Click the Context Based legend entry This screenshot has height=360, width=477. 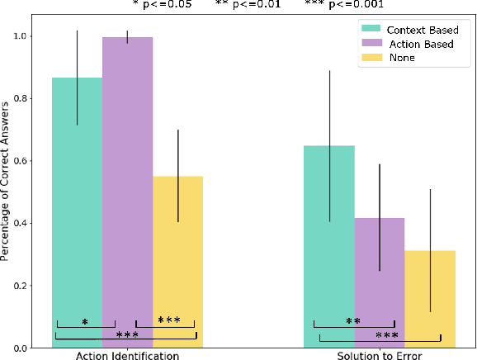pos(399,30)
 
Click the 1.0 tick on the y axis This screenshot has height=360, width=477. pos(29,37)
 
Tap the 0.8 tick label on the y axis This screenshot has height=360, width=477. pos(29,99)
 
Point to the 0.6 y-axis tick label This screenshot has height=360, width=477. pos(29,161)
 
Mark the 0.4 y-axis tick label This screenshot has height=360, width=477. pos(29,224)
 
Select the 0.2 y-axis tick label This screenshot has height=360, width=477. pos(29,286)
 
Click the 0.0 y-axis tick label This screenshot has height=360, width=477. pos(29,348)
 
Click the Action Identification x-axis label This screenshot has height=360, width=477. pos(127,355)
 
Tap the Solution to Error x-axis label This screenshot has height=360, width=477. pos(379,355)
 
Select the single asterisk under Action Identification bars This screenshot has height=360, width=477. pos(85,320)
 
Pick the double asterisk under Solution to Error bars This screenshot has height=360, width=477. pos(353,320)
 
